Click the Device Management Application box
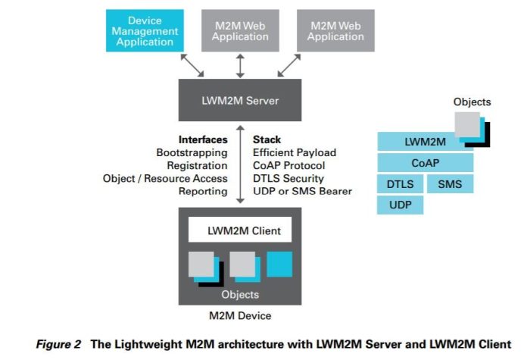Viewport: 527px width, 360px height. pos(145,31)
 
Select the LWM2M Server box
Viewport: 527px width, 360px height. pos(241,100)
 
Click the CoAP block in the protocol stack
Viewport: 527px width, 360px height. pos(425,162)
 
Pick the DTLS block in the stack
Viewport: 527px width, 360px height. pos(400,183)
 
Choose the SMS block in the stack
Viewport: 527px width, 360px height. pos(450,183)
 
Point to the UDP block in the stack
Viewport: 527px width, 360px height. pos(400,205)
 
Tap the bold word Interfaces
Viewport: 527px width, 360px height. pos(202,139)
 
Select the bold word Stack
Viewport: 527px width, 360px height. pos(267,139)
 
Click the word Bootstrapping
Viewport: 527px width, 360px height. pos(192,152)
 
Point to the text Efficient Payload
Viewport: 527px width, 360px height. pos(294,152)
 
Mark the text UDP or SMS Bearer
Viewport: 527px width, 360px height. pos(302,191)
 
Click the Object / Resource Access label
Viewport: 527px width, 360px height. pos(165,178)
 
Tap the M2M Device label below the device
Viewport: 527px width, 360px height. pos(239,315)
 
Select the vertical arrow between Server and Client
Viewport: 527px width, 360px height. pos(240,165)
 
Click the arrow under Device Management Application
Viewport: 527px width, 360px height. pos(192,66)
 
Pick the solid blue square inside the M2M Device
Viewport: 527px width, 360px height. pos(279,265)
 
